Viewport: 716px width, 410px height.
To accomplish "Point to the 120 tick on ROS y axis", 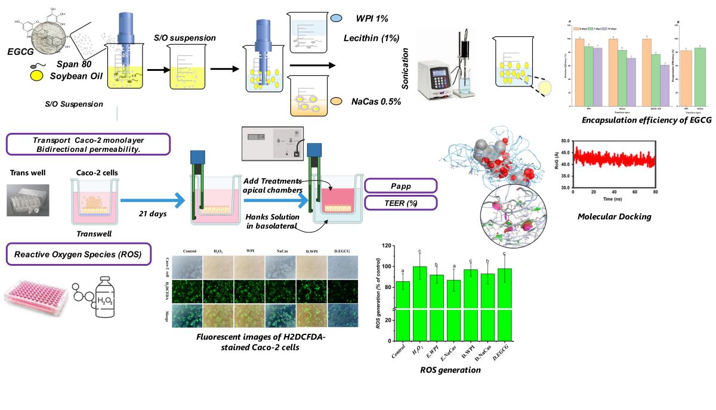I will pos(388,246).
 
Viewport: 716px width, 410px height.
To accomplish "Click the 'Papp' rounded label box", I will pos(400,185).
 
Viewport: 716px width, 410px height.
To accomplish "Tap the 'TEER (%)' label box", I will pos(400,203).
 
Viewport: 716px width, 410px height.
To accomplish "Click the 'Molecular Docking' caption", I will pos(614,216).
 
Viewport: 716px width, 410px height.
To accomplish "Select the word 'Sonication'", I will pos(405,69).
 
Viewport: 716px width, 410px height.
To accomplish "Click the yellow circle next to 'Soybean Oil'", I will pos(36,76).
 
